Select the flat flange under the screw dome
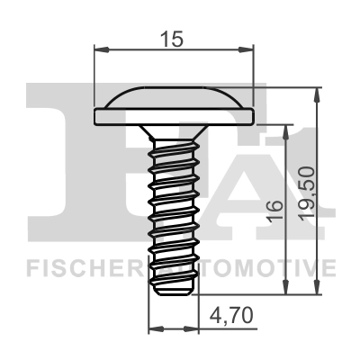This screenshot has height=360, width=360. pyautogui.click(x=174, y=115)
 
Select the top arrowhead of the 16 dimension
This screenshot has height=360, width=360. pyautogui.click(x=286, y=129)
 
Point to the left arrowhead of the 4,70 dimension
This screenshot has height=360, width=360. pyautogui.click(x=153, y=328)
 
